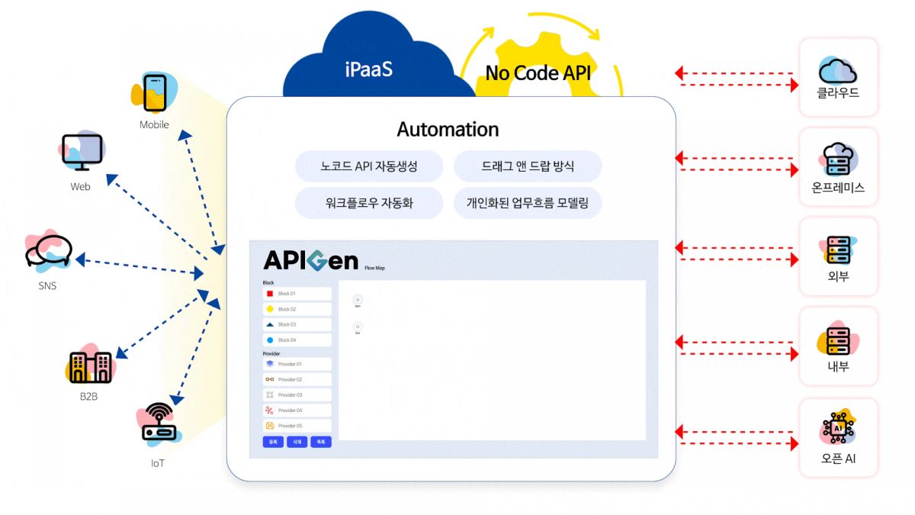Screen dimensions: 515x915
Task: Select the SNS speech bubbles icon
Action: click(48, 250)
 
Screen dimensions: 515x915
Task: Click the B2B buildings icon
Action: click(90, 367)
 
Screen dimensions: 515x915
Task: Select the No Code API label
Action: click(538, 73)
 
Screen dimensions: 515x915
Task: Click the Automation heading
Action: click(448, 129)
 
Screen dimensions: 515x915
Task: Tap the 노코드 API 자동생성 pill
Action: click(369, 166)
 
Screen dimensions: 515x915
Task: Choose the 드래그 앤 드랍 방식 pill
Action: click(528, 166)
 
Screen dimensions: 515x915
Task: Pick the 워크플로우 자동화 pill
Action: click(369, 203)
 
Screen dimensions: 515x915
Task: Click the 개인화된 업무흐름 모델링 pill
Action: click(528, 203)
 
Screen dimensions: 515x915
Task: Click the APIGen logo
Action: click(310, 260)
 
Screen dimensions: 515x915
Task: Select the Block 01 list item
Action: click(297, 294)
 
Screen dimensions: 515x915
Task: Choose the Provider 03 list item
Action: click(297, 395)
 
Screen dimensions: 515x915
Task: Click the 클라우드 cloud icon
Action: click(837, 70)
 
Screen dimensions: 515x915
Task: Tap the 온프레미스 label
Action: click(838, 187)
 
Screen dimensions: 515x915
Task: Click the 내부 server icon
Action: click(838, 340)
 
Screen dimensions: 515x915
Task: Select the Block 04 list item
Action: click(297, 340)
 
